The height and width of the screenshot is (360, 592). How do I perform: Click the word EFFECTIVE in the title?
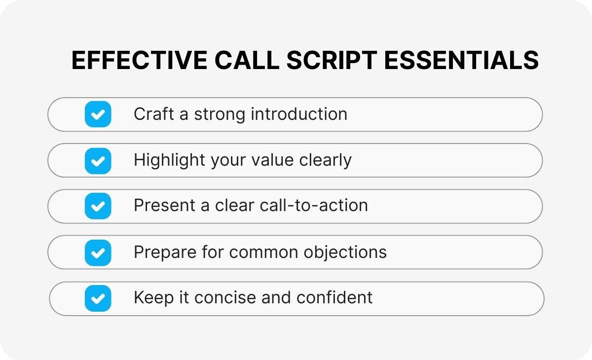139,60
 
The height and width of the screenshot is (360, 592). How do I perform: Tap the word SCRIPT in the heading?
332,60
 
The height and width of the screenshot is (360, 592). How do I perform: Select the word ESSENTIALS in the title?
461,60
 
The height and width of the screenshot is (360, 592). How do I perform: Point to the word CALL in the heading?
247,60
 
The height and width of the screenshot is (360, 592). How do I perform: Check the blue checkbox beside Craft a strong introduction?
98,114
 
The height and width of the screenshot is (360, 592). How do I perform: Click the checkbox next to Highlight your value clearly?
98,161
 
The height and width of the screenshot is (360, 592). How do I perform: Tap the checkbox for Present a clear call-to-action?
98,206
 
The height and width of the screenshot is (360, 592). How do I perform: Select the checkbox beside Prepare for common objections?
98,253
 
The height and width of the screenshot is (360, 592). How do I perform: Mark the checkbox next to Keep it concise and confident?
98,298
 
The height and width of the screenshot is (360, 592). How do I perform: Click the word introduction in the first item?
299,114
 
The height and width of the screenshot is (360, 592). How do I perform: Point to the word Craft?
154,114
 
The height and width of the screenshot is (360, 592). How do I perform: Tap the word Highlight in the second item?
169,160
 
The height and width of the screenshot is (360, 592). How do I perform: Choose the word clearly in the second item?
325,160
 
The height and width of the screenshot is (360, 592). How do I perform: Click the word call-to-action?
314,205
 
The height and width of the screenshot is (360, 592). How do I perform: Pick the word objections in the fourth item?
345,252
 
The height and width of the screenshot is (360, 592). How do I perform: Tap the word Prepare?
165,252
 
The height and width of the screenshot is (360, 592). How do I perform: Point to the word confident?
334,298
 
